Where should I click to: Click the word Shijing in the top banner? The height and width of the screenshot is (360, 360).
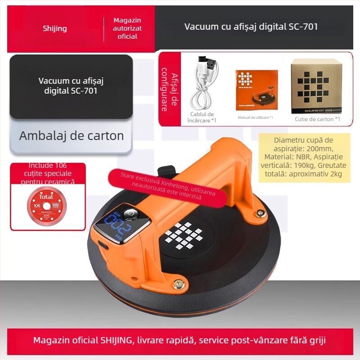click(54, 28)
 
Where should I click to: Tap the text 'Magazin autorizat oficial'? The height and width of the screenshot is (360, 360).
click(127, 28)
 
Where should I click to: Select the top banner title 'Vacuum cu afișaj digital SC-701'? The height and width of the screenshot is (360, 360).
click(251, 27)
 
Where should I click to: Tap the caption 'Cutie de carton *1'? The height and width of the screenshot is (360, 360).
click(318, 119)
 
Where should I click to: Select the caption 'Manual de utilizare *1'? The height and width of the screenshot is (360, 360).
click(255, 117)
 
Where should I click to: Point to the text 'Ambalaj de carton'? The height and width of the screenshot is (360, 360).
click(71, 135)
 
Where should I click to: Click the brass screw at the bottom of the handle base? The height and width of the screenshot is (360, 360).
click(178, 283)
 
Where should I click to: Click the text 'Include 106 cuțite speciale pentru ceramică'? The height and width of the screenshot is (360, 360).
click(48, 174)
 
